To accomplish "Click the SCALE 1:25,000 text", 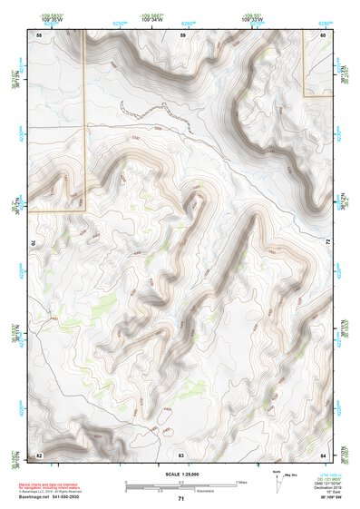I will [x=180, y=475].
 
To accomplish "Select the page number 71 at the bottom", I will [x=180, y=500].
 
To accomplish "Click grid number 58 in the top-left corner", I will [x=39, y=34].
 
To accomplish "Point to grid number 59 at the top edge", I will [x=182, y=34].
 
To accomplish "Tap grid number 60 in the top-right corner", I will [x=323, y=34].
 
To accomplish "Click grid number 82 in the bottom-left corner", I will [x=39, y=454].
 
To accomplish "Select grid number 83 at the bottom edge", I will [x=181, y=454].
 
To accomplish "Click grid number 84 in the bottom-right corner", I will [x=324, y=454].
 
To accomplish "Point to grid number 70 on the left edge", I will [x=38, y=243].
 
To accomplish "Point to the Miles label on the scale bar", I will [x=240, y=482].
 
